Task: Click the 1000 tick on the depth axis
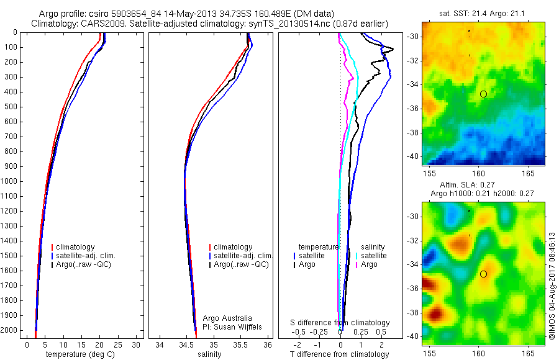tap(10, 181)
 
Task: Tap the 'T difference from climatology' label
tap(339, 354)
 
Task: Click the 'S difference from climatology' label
tap(340, 323)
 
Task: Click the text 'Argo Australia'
tap(227, 318)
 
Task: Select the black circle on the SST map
tap(483, 94)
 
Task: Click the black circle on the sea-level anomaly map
tap(483, 274)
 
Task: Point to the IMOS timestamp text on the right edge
tap(552, 286)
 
